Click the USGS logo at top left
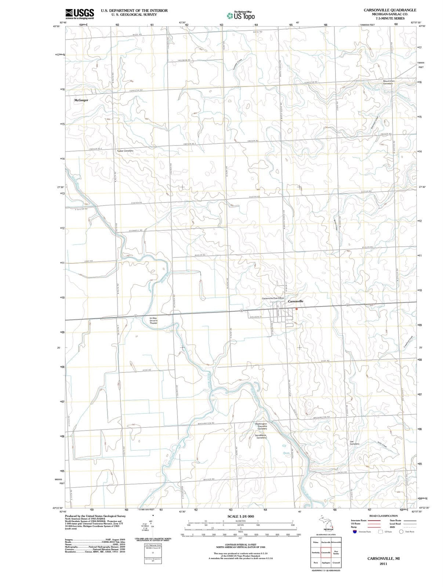(x=79, y=14)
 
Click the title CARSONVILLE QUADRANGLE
(x=390, y=10)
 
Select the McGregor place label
(x=81, y=100)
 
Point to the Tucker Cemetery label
(x=125, y=151)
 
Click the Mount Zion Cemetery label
(x=388, y=82)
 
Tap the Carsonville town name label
(x=295, y=301)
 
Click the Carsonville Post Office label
(x=273, y=298)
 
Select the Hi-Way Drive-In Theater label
(x=153, y=321)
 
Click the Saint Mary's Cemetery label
(x=261, y=436)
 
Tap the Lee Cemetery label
(x=354, y=443)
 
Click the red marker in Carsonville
(x=296, y=309)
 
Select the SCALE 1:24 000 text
(x=240, y=517)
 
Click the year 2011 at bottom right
(x=383, y=563)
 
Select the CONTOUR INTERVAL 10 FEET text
(x=240, y=544)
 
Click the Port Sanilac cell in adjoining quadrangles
(x=336, y=552)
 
